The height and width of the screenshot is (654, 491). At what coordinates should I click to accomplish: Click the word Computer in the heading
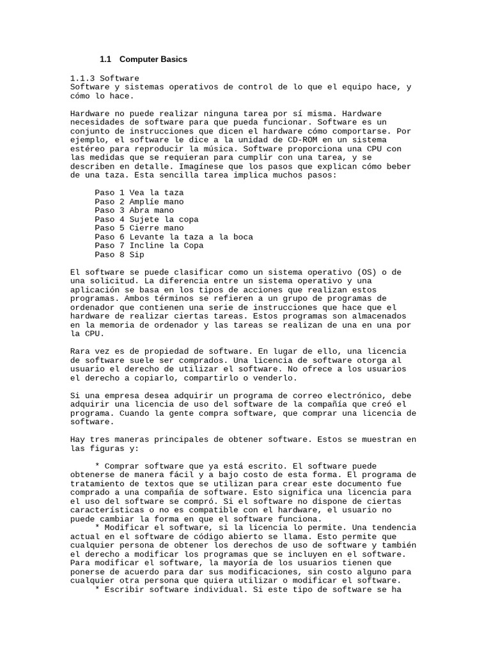click(139, 59)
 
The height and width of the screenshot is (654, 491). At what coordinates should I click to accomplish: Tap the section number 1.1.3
click(82, 78)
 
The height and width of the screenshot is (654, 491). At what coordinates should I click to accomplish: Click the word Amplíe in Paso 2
click(144, 201)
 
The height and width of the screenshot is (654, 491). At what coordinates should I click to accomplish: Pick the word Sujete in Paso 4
click(144, 219)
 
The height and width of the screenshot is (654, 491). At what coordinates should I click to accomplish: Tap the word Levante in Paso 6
click(146, 237)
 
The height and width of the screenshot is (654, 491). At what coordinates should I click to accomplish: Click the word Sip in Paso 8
click(137, 255)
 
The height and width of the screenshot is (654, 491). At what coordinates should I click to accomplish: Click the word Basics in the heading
click(174, 59)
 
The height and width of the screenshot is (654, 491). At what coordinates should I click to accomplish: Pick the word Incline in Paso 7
click(146, 246)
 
